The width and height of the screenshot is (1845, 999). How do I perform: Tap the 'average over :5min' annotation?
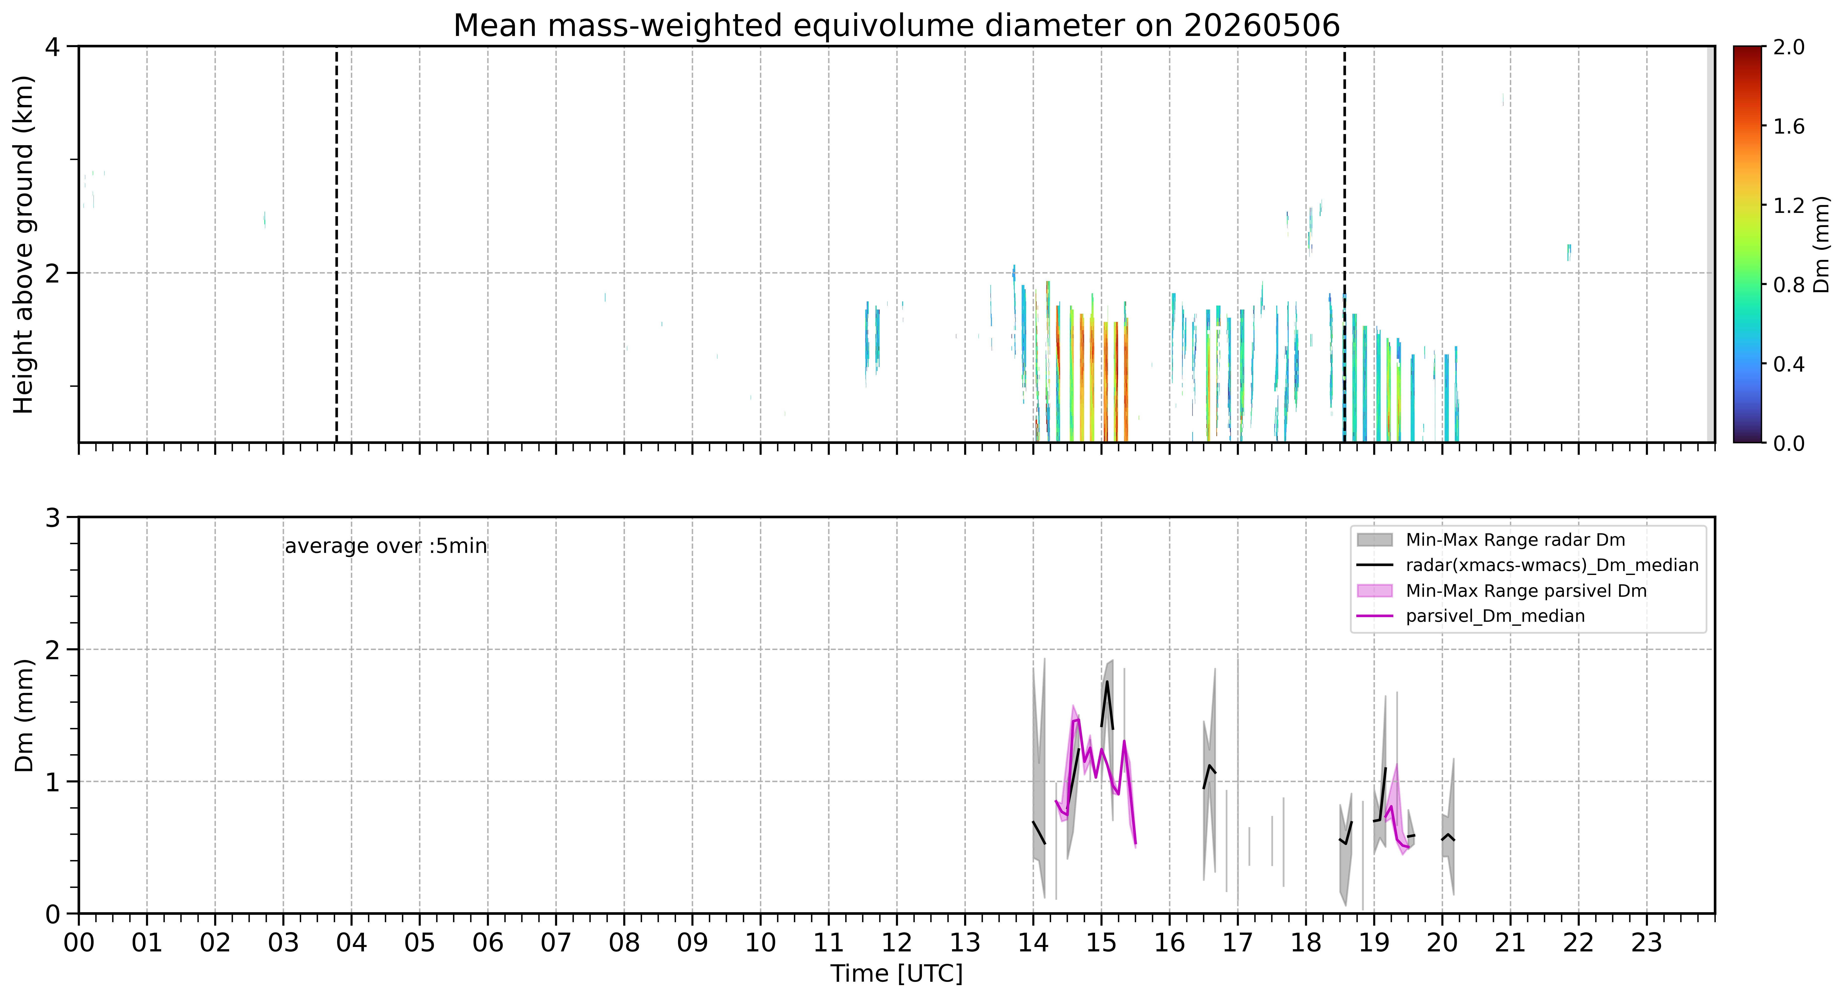pos(385,546)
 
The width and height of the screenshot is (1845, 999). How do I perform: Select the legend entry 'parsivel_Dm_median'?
pos(1495,616)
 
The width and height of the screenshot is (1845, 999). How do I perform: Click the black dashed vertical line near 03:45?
pos(337,244)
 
